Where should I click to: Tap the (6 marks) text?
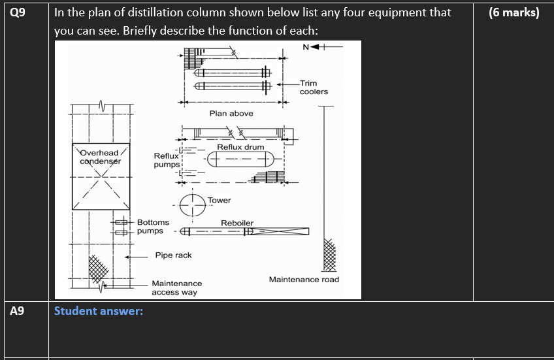pos(513,12)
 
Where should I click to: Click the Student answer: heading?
pos(98,311)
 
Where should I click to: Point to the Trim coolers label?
pos(314,88)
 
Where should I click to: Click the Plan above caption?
pos(231,114)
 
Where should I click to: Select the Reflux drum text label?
pos(240,147)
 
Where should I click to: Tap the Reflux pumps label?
pos(166,160)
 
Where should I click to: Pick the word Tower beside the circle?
pos(220,201)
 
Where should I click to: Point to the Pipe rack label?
pos(173,255)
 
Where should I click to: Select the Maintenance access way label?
pos(176,288)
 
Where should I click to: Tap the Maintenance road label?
pos(304,280)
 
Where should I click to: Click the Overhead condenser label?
pos(101,157)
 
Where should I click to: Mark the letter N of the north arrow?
pos(306,46)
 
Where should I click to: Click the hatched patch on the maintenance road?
pos(329,255)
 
